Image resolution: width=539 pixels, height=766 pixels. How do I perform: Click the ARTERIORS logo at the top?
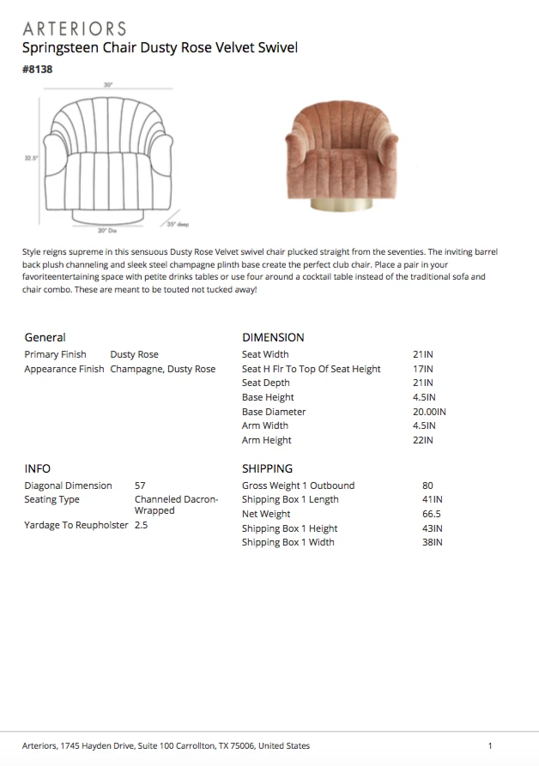tap(75, 28)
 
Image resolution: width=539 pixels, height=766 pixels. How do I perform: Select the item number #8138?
tap(38, 69)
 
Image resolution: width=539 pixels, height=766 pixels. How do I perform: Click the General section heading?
tap(45, 337)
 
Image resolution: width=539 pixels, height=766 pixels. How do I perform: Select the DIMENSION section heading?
tap(273, 337)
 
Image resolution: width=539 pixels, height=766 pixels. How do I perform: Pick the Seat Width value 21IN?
tap(423, 354)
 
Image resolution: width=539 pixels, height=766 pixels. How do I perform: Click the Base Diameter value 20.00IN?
tap(429, 412)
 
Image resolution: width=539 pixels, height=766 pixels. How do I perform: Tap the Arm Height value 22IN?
tap(423, 440)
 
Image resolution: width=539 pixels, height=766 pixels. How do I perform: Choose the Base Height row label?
tap(268, 397)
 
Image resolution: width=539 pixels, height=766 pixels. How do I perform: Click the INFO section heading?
tap(38, 468)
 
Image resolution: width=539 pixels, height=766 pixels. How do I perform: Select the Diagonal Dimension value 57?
tap(140, 486)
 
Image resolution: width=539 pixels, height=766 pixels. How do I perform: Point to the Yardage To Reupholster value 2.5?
tap(142, 525)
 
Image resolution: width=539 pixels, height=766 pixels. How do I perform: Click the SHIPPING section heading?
tap(268, 468)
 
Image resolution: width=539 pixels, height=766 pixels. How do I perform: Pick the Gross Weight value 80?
tap(428, 486)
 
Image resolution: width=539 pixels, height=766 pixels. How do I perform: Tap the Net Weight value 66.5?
tap(432, 514)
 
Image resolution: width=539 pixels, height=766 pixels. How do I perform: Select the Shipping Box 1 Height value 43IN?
tap(432, 528)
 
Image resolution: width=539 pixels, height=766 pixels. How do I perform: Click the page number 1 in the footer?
tap(490, 745)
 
